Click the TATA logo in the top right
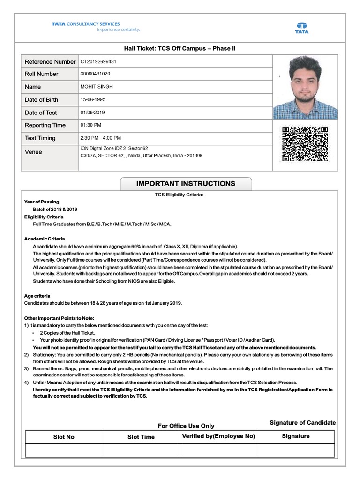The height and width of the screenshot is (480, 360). (301, 28)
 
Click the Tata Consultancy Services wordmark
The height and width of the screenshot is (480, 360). (86, 24)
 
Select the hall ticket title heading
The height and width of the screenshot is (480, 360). (176, 49)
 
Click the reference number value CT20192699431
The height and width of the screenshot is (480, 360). (98, 61)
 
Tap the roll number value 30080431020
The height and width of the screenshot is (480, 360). (96, 74)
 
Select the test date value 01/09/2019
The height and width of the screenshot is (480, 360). (93, 112)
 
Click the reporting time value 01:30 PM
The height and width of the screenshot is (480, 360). (91, 125)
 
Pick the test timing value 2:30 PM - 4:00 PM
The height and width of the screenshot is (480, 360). (101, 138)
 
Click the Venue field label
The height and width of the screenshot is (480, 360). (33, 152)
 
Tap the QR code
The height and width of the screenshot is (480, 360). (304, 143)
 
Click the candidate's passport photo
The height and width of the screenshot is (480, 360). (305, 87)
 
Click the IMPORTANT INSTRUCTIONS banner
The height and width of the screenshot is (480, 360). (186, 184)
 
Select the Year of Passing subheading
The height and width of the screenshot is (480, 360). (42, 202)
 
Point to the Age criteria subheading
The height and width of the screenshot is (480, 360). (37, 296)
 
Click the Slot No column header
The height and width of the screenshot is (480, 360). (64, 437)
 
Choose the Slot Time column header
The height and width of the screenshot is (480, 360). (141, 437)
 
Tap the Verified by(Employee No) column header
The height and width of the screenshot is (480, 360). (218, 436)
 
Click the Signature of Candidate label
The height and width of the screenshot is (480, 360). (302, 423)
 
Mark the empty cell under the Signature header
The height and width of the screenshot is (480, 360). (296, 450)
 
